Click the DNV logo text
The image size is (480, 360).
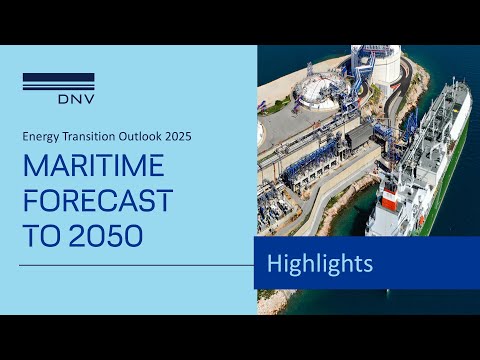click(x=76, y=99)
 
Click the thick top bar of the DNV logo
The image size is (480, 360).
click(x=59, y=77)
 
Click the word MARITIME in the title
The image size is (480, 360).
click(x=94, y=165)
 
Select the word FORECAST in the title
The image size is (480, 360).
click(x=98, y=200)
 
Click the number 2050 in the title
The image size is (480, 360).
click(x=106, y=235)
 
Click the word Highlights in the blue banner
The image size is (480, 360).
click(x=320, y=263)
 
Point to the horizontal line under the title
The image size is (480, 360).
click(x=137, y=266)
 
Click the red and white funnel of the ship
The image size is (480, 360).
click(x=391, y=198)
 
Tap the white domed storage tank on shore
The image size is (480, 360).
click(x=320, y=91)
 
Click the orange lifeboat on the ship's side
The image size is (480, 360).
click(x=422, y=220)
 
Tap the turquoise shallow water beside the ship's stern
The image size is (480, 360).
click(x=353, y=213)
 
